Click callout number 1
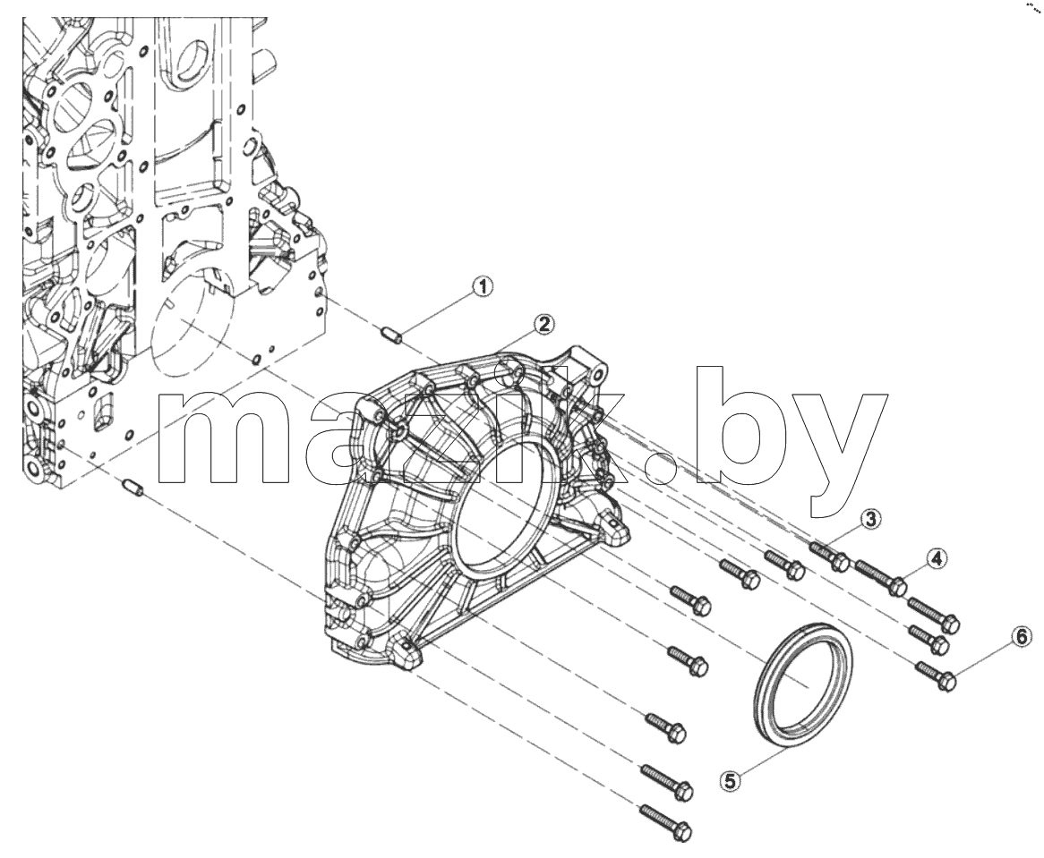[x=482, y=286]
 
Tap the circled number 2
[x=543, y=324]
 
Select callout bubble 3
[x=870, y=518]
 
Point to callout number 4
[x=937, y=558]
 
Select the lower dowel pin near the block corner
[x=133, y=488]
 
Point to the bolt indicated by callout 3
[x=829, y=556]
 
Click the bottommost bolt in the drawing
[x=666, y=822]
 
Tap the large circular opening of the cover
[x=502, y=505]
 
